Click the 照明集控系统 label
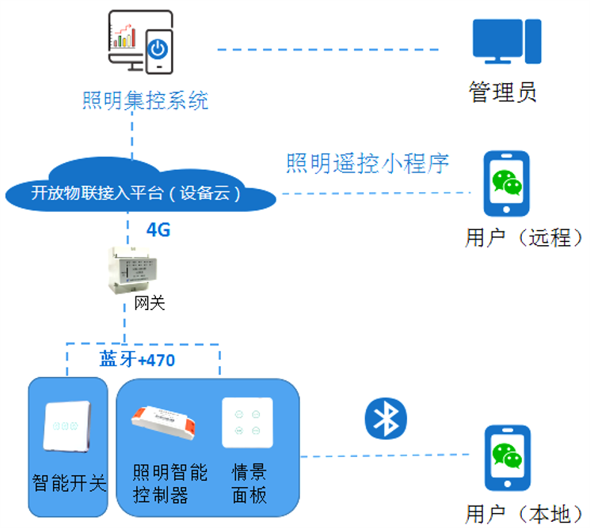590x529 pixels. [x=146, y=101]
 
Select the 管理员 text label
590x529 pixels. [x=503, y=93]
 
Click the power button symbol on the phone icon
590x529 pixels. [x=158, y=49]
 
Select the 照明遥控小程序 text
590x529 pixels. [x=367, y=164]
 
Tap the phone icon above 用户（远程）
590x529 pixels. [x=507, y=184]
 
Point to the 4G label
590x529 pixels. [x=158, y=230]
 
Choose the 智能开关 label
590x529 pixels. [x=69, y=482]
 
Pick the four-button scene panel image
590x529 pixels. [x=248, y=425]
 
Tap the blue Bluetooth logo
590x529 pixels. [x=386, y=418]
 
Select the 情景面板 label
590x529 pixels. [x=249, y=484]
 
